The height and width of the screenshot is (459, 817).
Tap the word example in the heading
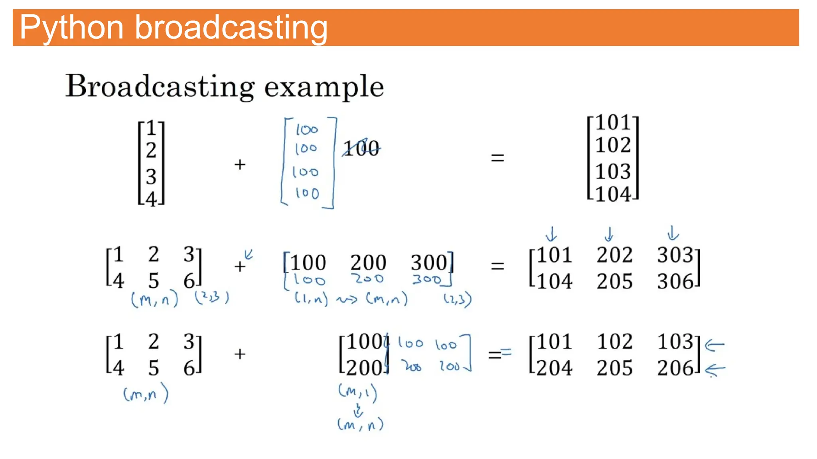point(324,86)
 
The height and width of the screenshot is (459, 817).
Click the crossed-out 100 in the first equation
point(361,148)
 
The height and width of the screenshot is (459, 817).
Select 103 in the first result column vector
point(613,172)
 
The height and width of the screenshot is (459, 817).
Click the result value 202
point(614,255)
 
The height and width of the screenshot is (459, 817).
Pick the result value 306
point(675,282)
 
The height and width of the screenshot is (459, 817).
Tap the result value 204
point(554,368)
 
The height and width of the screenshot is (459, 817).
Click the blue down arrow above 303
point(673,233)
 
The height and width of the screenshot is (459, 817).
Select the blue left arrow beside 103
point(715,345)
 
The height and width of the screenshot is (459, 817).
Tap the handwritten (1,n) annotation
point(311,298)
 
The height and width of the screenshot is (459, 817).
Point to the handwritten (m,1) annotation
point(357,392)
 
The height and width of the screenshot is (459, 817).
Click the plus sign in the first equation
point(240,164)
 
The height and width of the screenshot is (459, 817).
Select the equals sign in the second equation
point(497,266)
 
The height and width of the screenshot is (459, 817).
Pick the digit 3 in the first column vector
point(151,177)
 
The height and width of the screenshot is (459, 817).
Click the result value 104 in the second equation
point(554,282)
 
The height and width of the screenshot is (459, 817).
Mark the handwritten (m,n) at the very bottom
point(360,425)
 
